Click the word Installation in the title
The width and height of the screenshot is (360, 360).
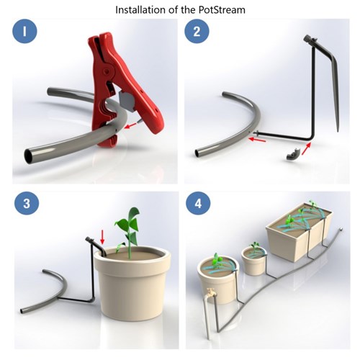(x=143, y=10)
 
